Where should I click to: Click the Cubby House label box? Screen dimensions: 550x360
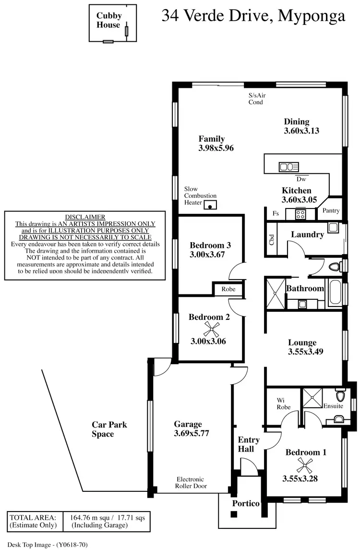[109, 22]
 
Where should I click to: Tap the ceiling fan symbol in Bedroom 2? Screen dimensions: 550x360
[212, 330]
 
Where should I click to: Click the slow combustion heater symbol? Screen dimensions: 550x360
[210, 206]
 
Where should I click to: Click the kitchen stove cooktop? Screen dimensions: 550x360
[301, 214]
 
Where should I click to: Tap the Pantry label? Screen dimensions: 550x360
[331, 211]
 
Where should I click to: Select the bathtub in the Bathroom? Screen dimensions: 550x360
[334, 293]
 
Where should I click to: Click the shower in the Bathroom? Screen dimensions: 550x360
[275, 293]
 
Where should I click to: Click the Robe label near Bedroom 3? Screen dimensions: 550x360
[228, 290]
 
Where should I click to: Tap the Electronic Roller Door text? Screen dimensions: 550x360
[191, 483]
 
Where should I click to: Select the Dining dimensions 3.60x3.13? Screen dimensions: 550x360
[301, 130]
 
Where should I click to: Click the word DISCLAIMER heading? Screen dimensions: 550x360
[85, 217]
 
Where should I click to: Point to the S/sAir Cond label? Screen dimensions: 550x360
[256, 98]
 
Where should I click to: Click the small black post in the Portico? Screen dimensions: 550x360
[234, 514]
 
